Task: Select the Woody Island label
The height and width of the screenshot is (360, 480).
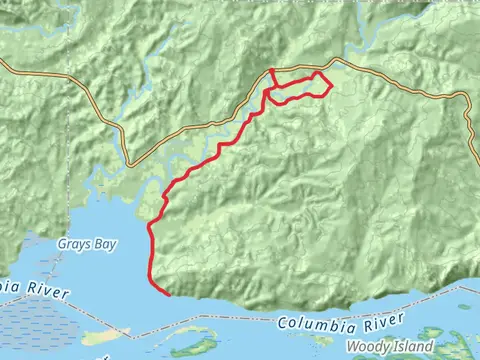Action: [x=389, y=347]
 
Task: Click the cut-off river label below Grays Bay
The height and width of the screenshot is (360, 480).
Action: [x=30, y=290]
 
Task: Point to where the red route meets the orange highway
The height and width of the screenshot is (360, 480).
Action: [x=272, y=70]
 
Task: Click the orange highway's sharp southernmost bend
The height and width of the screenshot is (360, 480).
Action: [x=130, y=165]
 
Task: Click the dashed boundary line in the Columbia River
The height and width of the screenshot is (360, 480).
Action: [x=230, y=329]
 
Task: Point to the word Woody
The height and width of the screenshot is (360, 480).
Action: [x=366, y=347]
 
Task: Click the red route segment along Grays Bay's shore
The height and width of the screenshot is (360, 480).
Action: [x=150, y=250]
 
